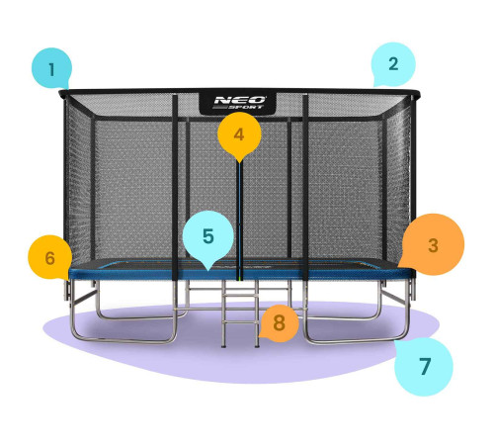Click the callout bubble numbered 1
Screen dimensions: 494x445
coord(51,68)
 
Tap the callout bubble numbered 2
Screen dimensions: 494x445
coord(393,64)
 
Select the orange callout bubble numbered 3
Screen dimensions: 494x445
coord(433,244)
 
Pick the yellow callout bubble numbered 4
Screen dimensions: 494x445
coord(239,134)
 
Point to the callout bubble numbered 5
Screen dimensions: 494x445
coord(208,236)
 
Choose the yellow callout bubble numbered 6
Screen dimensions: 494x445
coord(49,257)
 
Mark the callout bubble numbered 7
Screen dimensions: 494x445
coord(425,366)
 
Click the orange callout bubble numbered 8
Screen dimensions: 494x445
coord(280,322)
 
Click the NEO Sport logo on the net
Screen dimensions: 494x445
coord(238,103)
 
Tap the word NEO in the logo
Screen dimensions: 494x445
coord(239,100)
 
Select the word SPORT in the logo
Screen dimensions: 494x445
coord(246,107)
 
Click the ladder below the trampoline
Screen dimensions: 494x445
coord(240,313)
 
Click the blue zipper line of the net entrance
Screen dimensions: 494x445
coord(240,221)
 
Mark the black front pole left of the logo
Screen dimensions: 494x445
coord(175,187)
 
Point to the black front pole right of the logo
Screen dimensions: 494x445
coord(305,187)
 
